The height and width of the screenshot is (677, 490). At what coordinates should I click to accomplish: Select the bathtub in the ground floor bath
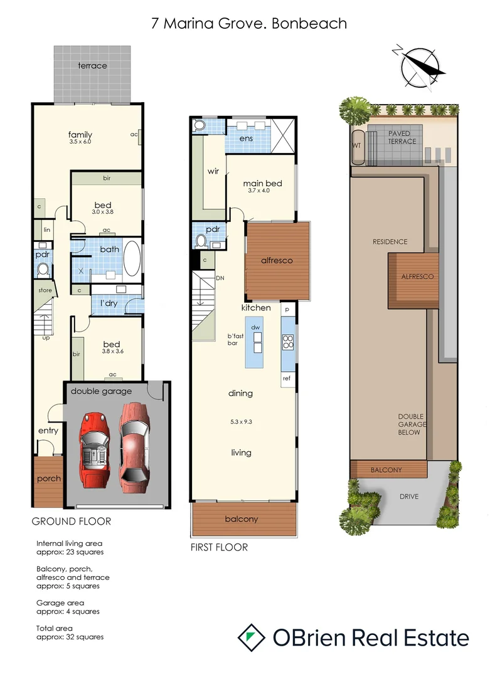point(132,258)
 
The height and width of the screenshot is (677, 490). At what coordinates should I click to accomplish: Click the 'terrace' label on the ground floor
point(92,66)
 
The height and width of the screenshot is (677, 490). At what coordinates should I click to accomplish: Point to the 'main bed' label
point(262,184)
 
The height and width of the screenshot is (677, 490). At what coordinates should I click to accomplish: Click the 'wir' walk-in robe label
point(213,171)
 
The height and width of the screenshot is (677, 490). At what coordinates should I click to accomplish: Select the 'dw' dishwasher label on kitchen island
point(255,327)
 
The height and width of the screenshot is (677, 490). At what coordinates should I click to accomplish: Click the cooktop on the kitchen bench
point(288,342)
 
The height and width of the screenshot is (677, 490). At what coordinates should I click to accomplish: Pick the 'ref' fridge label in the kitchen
point(287,378)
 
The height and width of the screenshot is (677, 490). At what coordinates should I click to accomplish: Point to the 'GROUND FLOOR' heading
point(72,521)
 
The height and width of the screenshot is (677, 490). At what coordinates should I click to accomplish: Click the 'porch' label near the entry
point(48,478)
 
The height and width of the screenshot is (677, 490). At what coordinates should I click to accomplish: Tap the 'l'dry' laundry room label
point(109,303)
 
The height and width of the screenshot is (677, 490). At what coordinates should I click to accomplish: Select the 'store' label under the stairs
point(44,290)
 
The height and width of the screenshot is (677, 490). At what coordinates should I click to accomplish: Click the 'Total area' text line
point(55,628)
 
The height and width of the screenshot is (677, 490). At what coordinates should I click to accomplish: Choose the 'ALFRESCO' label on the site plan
point(417,276)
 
